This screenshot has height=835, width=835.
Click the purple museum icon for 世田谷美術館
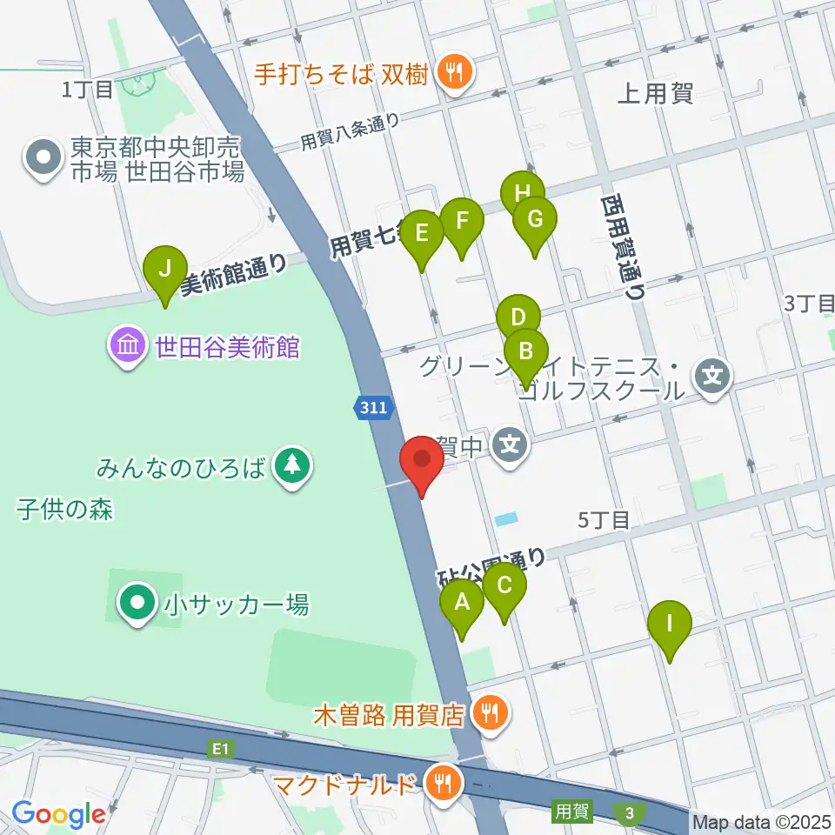128,348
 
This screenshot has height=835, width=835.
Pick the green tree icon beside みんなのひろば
292,466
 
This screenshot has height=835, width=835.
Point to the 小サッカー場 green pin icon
137,603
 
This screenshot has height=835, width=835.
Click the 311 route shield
374,406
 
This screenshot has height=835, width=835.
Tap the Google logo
58,814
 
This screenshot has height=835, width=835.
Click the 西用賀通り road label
621,247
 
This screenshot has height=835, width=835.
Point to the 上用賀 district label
655,94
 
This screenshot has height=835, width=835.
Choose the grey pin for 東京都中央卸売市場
42,159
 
